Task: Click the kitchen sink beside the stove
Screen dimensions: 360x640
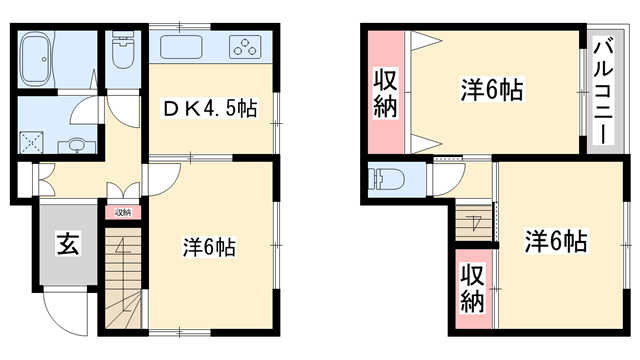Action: click(182, 47)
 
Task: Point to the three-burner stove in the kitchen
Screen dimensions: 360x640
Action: click(245, 47)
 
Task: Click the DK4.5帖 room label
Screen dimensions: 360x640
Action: click(210, 107)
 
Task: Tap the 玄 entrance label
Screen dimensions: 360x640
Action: click(67, 242)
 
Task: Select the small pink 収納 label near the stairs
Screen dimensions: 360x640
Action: click(122, 212)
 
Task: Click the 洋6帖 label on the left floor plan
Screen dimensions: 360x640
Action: click(209, 246)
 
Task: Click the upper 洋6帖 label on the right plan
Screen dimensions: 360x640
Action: click(492, 89)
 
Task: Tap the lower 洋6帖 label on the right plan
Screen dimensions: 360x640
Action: click(557, 241)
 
